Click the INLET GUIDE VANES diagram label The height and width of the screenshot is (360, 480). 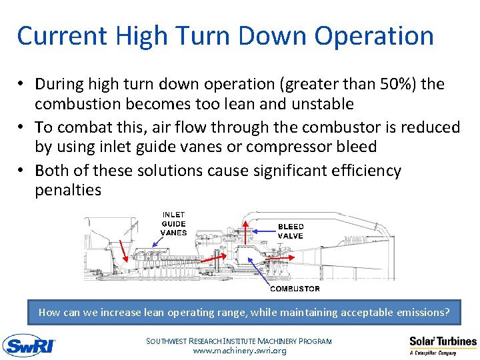click(x=173, y=224)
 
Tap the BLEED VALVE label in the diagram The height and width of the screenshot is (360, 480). click(x=291, y=231)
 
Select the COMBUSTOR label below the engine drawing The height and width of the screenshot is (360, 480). click(x=295, y=289)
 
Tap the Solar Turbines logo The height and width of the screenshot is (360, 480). click(x=443, y=345)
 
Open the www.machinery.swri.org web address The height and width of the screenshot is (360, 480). click(x=239, y=351)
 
